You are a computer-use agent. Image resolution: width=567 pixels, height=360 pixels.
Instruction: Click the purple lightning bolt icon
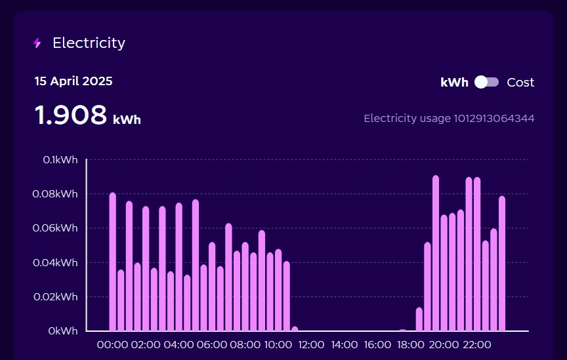pyautogui.click(x=37, y=43)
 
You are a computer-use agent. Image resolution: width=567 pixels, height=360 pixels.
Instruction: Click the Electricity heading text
pyautogui.click(x=89, y=43)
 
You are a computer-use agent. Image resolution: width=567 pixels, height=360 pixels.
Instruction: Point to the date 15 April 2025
pyautogui.click(x=73, y=81)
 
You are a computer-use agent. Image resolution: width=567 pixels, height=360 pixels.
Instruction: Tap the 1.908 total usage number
pyautogui.click(x=71, y=115)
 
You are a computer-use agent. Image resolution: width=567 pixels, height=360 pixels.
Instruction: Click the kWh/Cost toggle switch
pyautogui.click(x=487, y=82)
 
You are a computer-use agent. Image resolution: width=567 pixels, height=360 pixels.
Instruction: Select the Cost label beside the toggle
pyautogui.click(x=520, y=83)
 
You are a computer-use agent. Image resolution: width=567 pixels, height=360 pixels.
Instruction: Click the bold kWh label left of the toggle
pyautogui.click(x=454, y=83)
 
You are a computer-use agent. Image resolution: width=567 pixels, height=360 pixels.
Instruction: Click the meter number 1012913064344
pyautogui.click(x=493, y=119)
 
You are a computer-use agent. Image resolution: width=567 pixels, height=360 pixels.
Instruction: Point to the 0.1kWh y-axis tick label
pyautogui.click(x=60, y=160)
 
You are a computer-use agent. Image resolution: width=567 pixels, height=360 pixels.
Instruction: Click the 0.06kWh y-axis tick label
pyautogui.click(x=56, y=228)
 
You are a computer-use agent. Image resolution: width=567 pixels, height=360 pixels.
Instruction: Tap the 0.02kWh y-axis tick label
pyautogui.click(x=56, y=297)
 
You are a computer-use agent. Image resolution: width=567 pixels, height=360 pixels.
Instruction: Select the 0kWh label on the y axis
pyautogui.click(x=63, y=331)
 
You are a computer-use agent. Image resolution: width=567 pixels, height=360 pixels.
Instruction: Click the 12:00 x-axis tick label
pyautogui.click(x=311, y=345)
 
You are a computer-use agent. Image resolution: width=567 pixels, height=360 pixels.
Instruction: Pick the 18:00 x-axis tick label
pyautogui.click(x=411, y=345)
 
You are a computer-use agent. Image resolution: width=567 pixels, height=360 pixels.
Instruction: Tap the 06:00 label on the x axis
pyautogui.click(x=212, y=345)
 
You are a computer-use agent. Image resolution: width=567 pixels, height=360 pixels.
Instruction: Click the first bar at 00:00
pyautogui.click(x=112, y=262)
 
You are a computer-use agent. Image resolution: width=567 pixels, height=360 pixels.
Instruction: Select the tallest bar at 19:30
pyautogui.click(x=436, y=253)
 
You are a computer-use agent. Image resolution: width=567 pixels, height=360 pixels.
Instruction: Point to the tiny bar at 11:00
pyautogui.click(x=295, y=329)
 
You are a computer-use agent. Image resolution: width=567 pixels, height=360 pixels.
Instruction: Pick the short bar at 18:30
pyautogui.click(x=419, y=319)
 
